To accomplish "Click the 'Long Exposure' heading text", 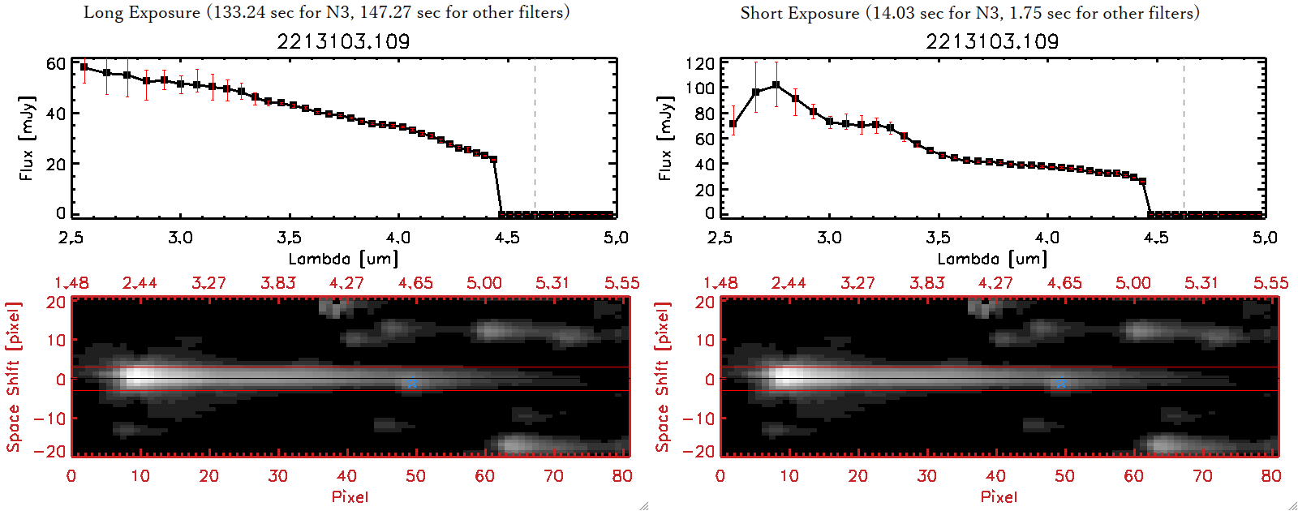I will tap(142, 12).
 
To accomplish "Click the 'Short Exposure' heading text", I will tap(799, 13).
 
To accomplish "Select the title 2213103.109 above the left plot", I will tap(343, 41).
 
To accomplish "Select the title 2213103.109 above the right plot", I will tap(992, 41).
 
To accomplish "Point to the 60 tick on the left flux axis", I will tap(55, 64).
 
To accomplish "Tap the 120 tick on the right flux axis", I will tap(700, 64).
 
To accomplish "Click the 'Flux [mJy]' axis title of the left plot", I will tap(27, 138).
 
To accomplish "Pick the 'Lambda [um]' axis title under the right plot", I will tap(992, 259).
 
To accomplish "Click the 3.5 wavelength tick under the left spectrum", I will tap(289, 238).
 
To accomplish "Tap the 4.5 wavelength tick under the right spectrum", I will tap(1156, 238).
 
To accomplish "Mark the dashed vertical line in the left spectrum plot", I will tap(535, 138).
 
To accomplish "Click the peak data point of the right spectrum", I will tap(776, 84).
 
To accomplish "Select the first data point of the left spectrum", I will tap(84, 67).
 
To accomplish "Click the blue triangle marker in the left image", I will tap(412, 382).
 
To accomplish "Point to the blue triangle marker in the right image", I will tap(1061, 382).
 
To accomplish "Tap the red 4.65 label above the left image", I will tap(415, 283).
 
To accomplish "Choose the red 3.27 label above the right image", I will tap(857, 283).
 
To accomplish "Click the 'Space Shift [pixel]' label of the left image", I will tap(13, 377).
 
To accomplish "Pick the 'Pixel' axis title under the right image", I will tap(999, 496).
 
